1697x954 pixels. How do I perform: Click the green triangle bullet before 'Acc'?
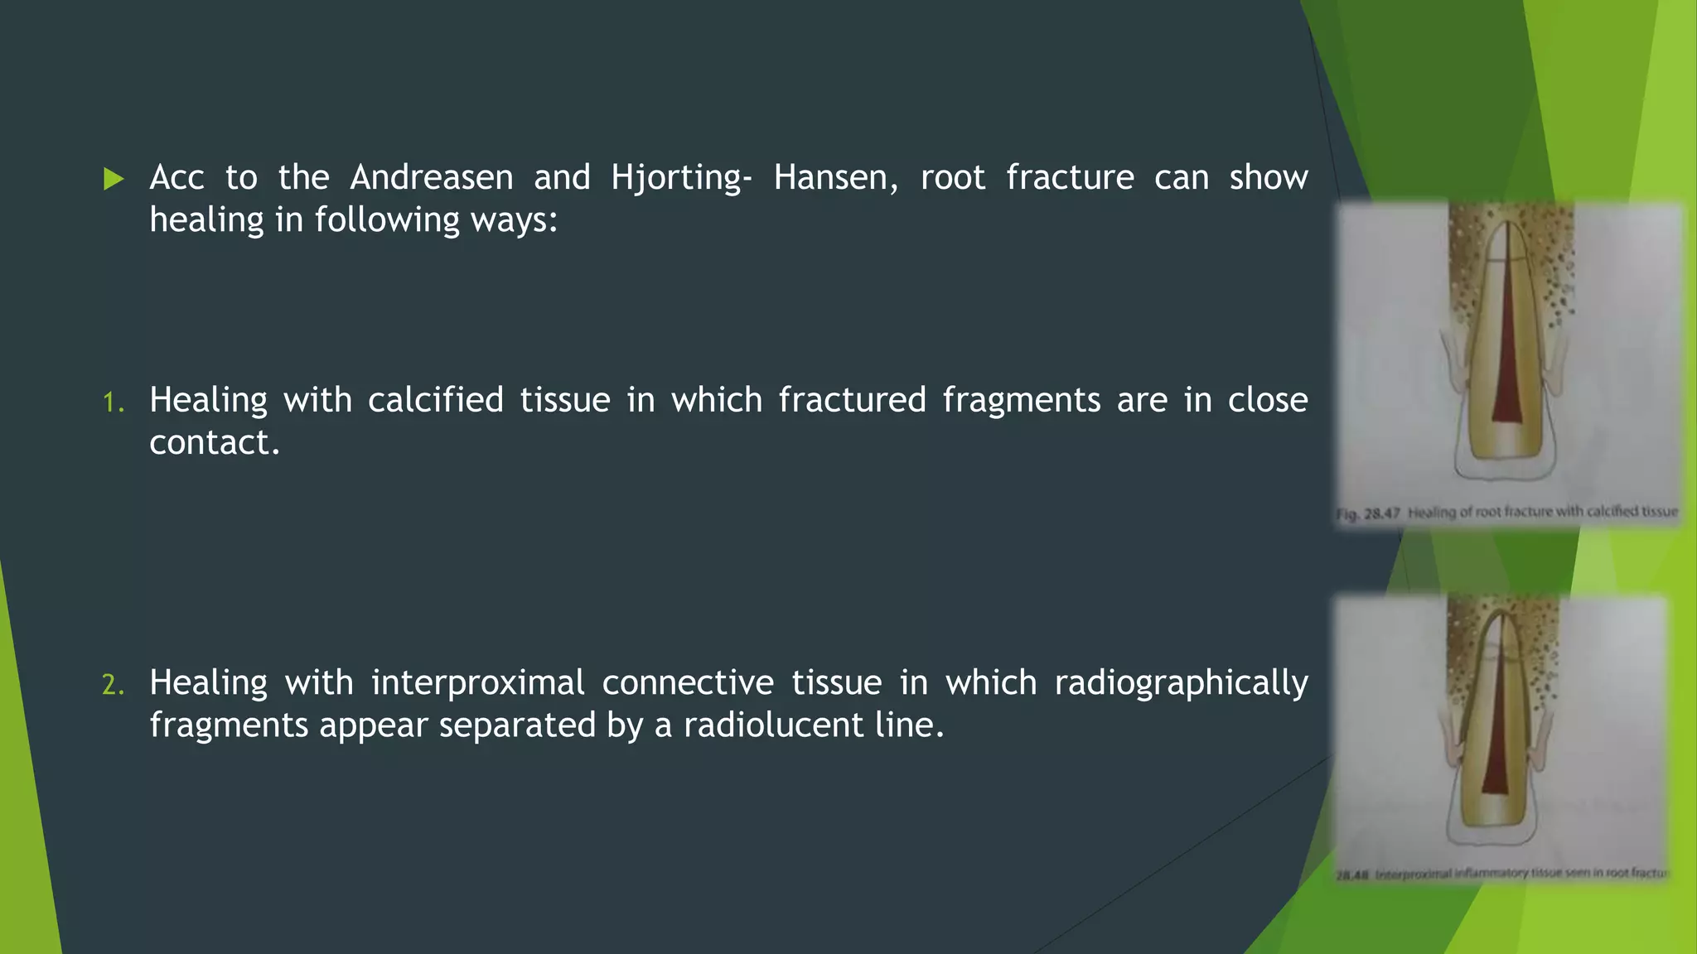coord(114,179)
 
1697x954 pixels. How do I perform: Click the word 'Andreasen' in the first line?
coord(431,178)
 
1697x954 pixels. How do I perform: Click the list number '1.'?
coord(114,403)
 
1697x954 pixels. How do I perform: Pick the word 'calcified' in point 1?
coord(435,401)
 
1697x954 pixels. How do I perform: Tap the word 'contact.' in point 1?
coord(215,443)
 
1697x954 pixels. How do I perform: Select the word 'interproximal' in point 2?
coord(477,683)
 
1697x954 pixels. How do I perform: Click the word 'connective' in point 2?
coord(688,683)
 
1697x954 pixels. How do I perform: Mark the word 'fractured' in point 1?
coord(852,401)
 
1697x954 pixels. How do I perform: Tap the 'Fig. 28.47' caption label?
coord(1367,513)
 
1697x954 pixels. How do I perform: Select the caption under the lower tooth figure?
coord(1501,873)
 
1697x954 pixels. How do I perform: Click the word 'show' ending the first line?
coord(1268,178)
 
